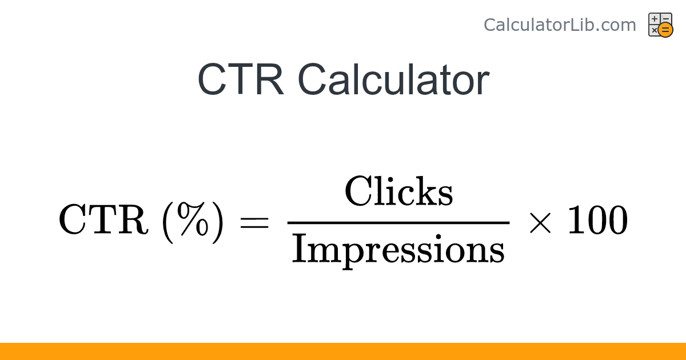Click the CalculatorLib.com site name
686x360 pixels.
pyautogui.click(x=560, y=25)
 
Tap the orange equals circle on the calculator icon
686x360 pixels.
pyautogui.click(x=665, y=30)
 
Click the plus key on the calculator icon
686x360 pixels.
pyautogui.click(x=655, y=19)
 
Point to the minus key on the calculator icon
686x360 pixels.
pyautogui.click(x=666, y=19)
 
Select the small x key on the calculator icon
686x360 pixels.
pyautogui.click(x=654, y=30)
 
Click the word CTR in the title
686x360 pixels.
pyautogui.click(x=241, y=79)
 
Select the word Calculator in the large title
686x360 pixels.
pyautogui.click(x=393, y=79)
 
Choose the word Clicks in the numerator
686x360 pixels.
pyautogui.click(x=398, y=192)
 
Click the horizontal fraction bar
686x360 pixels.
pyautogui.click(x=398, y=222)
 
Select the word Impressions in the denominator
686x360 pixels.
pyautogui.click(x=398, y=250)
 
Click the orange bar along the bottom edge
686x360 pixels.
pyautogui.click(x=343, y=351)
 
